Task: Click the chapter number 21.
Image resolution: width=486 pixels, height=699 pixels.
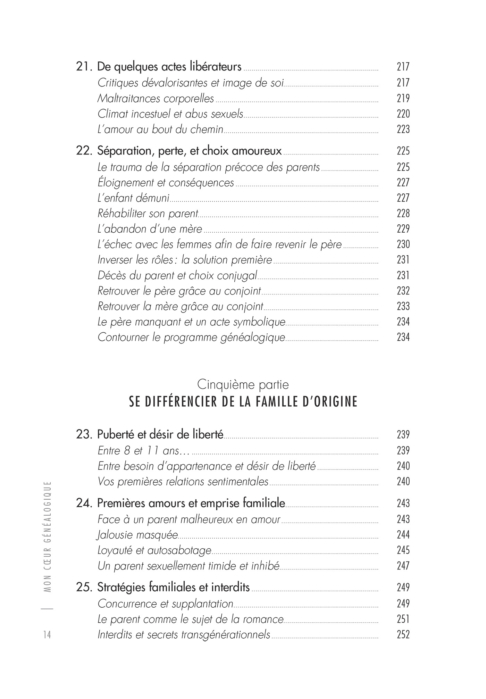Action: [x=84, y=67]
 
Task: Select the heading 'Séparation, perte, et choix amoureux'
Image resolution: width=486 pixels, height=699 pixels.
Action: [x=190, y=151]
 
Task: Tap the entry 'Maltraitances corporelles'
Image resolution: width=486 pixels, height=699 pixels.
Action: [x=156, y=99]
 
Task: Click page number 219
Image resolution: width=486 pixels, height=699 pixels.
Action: [x=403, y=99]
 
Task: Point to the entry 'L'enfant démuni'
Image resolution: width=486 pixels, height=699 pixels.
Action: [x=133, y=198]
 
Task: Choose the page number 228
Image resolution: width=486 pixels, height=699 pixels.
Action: [x=403, y=213]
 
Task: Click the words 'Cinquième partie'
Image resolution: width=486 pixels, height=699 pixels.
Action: [x=243, y=384]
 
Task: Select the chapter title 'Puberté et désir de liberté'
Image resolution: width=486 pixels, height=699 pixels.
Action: [x=160, y=434]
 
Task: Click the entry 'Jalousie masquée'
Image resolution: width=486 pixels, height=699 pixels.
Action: [x=137, y=535]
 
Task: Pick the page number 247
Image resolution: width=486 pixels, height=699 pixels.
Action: [x=403, y=566]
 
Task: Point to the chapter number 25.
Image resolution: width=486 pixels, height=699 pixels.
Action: [x=84, y=587]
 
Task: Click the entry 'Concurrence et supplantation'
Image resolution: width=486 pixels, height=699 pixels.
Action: [x=165, y=604]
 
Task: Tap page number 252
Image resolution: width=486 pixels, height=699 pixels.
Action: [x=403, y=634]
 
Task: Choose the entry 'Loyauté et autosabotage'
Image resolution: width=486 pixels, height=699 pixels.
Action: [x=154, y=550]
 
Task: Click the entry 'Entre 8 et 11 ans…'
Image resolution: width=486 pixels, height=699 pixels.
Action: [x=143, y=451]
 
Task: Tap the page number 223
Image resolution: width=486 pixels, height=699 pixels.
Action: [x=403, y=130]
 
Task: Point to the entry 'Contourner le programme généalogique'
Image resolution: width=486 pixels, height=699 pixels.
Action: [x=191, y=337]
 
